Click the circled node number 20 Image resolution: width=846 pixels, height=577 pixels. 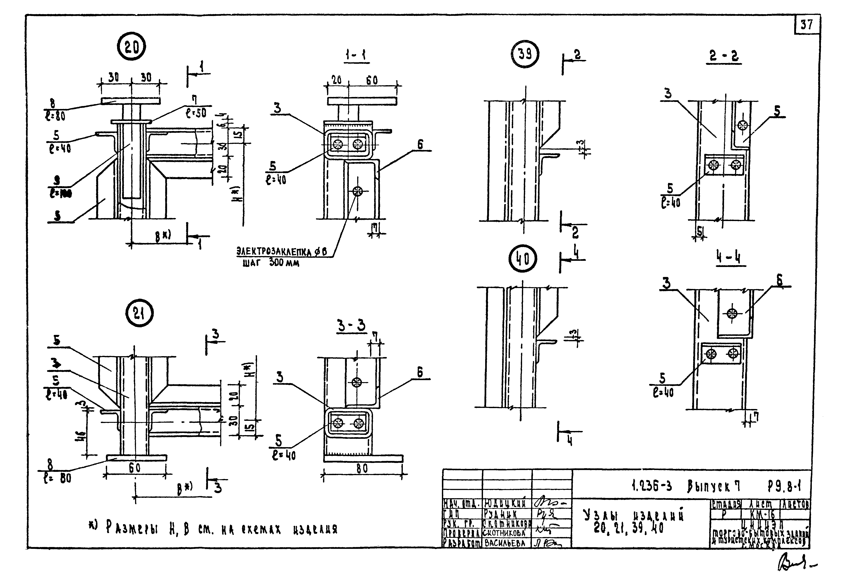pos(131,48)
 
